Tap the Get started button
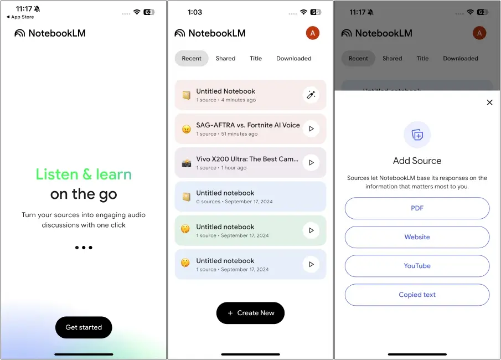pyautogui.click(x=84, y=327)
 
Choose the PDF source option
pyautogui.click(x=417, y=208)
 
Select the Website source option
pyautogui.click(x=417, y=237)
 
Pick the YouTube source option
pyautogui.click(x=417, y=266)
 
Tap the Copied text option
pyautogui.click(x=417, y=295)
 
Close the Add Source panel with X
pyautogui.click(x=489, y=102)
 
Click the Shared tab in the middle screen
pyautogui.click(x=225, y=58)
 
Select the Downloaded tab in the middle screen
pyautogui.click(x=293, y=58)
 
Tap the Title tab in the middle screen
pyautogui.click(x=256, y=58)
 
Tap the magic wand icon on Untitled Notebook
pyautogui.click(x=311, y=95)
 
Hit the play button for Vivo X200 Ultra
pyautogui.click(x=311, y=162)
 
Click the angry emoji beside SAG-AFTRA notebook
pyautogui.click(x=187, y=129)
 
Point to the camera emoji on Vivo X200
pyautogui.click(x=187, y=163)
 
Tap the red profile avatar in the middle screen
pyautogui.click(x=312, y=33)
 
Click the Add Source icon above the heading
pyautogui.click(x=417, y=135)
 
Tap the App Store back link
pyautogui.click(x=20, y=17)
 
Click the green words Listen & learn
pyautogui.click(x=84, y=174)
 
